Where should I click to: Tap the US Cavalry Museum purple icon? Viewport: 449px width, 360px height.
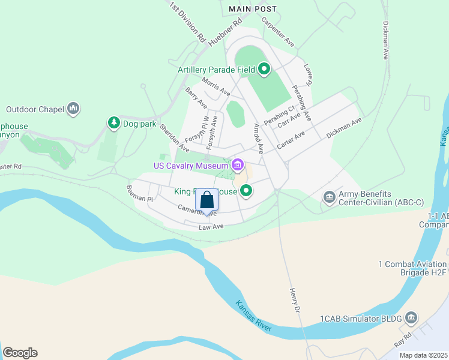238,165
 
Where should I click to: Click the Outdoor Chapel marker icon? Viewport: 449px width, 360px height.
74,109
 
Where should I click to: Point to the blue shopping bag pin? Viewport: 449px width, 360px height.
206,200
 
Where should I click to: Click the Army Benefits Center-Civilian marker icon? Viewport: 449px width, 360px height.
329,197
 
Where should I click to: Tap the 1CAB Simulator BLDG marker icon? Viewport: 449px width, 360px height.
411,316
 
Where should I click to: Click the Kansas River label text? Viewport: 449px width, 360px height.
254,316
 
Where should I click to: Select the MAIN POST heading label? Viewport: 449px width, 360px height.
253,9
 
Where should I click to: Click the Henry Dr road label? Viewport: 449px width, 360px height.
294,300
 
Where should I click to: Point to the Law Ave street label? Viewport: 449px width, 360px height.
211,227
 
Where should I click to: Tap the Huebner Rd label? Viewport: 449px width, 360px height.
224,32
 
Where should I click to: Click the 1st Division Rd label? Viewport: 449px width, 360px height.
187,22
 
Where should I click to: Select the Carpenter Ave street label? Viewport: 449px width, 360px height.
277,32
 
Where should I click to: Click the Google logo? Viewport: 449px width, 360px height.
20,353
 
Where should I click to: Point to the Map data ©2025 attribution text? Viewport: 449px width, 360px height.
423,355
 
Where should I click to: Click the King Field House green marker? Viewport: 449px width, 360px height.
246,191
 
